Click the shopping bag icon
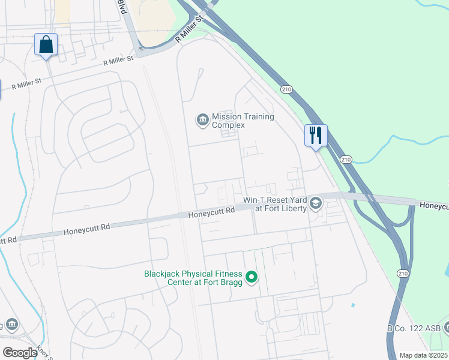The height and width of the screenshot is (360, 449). pos(46,45)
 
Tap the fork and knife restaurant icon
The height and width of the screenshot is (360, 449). pos(315,135)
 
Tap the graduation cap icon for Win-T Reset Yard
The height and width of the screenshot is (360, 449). pos(315,204)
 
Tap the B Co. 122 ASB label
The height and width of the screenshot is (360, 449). pos(417,328)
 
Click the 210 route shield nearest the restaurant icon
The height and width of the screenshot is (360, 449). pos(345,159)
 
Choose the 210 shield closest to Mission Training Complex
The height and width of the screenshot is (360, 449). pos(286,89)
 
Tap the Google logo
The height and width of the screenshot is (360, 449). pos(19,352)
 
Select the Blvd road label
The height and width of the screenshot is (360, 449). pos(122,7)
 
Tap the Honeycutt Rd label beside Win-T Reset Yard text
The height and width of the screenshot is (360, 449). pos(211,212)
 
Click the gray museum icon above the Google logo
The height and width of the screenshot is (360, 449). pos(12,325)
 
